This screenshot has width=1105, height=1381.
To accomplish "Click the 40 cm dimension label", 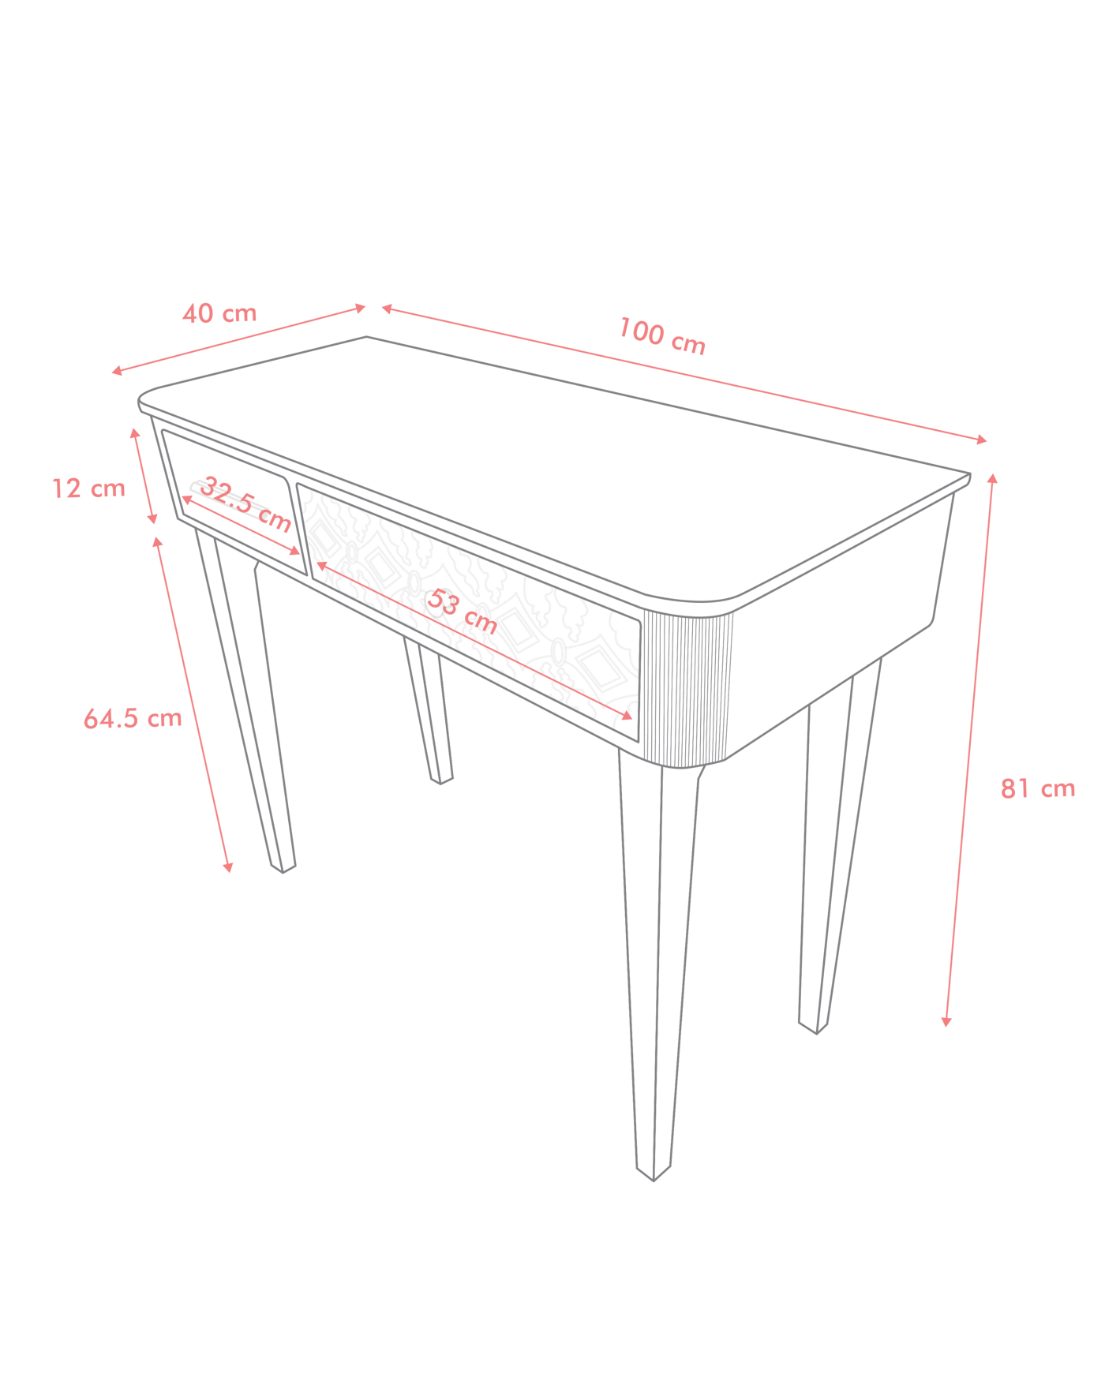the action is click(x=219, y=313).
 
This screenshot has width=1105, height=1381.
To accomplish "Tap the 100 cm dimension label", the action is click(x=661, y=335).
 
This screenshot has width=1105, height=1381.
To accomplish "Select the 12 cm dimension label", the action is click(x=88, y=488).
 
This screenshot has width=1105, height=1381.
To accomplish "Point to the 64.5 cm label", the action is click(x=133, y=718).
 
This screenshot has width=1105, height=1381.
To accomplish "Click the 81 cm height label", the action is click(x=1038, y=788).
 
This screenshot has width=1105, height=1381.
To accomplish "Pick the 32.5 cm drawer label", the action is click(x=245, y=503).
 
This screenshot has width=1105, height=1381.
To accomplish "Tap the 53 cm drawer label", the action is click(x=463, y=612).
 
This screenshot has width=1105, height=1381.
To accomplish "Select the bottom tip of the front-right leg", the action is click(x=654, y=1181).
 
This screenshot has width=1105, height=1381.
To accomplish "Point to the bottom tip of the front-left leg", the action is click(x=283, y=873).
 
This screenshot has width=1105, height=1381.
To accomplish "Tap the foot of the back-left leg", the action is click(x=440, y=784).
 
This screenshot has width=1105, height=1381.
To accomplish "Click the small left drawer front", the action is click(x=234, y=503).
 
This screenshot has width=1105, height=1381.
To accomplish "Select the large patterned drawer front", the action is click(x=469, y=612).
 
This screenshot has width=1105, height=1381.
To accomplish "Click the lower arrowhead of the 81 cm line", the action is click(x=946, y=1022).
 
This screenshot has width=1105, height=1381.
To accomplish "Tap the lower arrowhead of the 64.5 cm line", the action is click(x=228, y=868).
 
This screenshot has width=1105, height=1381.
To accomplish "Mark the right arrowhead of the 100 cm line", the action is click(x=983, y=440).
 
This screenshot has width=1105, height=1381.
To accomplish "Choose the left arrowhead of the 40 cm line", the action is click(x=116, y=371).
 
